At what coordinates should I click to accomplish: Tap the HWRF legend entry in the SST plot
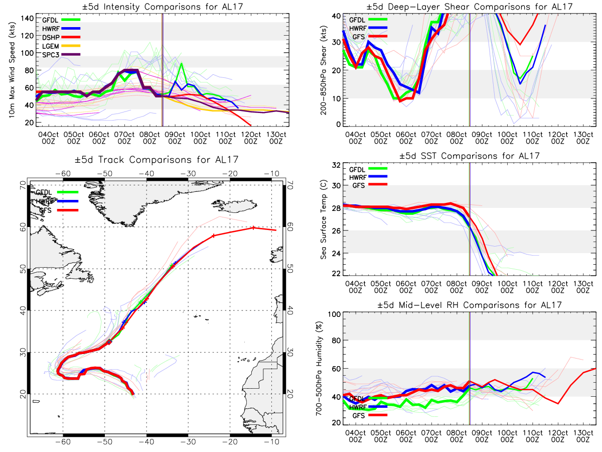357,177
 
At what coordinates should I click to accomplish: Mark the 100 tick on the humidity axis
333,314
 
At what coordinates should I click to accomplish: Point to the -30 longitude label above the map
188,173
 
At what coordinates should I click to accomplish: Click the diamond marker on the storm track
109,342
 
